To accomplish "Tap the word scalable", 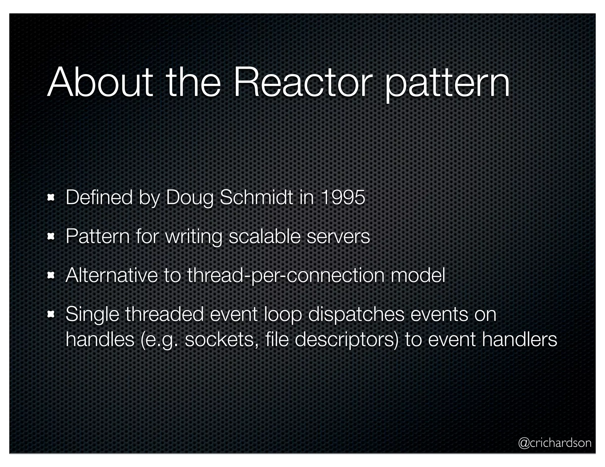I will point(264,236).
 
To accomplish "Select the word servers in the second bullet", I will point(338,237).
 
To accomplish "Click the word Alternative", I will point(111,275).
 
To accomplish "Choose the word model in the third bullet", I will point(418,275).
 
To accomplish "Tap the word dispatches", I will point(356,315).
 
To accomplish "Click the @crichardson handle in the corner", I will point(555,443).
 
